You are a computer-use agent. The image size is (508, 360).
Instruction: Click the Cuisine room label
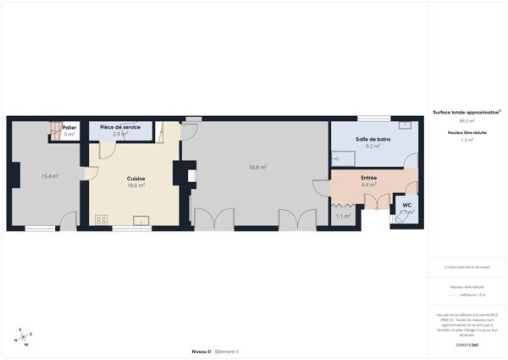pos(135,179)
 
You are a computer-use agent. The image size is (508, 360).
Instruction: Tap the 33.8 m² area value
pos(257,168)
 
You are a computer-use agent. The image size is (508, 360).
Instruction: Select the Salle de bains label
pos(373,139)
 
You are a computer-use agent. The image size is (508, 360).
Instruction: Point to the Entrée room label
pos(368,178)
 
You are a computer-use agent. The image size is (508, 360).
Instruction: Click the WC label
pos(406,205)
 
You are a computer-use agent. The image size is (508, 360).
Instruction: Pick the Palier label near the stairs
pos(69,127)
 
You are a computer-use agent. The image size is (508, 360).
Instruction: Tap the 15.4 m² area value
pos(50,176)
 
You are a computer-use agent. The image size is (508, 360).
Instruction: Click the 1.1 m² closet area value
pos(342,216)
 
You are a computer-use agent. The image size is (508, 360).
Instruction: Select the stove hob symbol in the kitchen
pos(101,220)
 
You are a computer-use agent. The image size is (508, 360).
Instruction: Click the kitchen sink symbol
pos(141,221)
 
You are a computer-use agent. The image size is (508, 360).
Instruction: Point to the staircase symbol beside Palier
pos(55,130)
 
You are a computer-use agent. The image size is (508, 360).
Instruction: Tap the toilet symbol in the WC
pos(400,217)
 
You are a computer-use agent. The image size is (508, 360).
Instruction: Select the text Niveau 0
pos(201,351)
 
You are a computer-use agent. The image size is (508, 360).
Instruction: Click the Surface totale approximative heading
pos(467,112)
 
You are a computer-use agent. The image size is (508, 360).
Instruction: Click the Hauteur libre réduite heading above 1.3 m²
pos(467,133)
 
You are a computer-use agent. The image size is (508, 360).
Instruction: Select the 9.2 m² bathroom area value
pos(373,146)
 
